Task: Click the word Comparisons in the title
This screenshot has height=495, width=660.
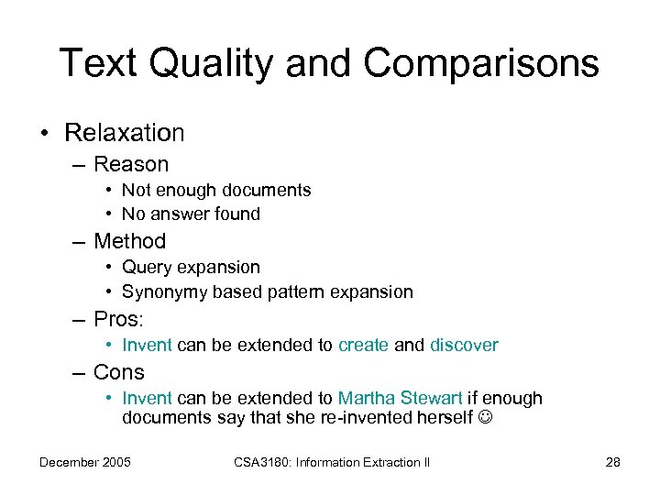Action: point(481,64)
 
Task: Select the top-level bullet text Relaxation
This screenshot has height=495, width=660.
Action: point(124,133)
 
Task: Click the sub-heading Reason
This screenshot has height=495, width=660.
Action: point(131,165)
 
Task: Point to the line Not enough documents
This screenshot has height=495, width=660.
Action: point(216,191)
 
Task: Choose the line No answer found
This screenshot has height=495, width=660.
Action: point(191,214)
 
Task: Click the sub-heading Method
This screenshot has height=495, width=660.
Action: point(129,242)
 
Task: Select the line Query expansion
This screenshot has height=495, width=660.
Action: point(191,268)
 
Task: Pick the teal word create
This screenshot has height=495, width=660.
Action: point(363,346)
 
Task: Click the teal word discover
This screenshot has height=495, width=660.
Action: point(464,346)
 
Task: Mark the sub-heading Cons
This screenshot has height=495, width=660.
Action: point(119,373)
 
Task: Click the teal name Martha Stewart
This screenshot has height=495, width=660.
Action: point(400,399)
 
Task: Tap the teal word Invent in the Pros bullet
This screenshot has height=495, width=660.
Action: point(147,346)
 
